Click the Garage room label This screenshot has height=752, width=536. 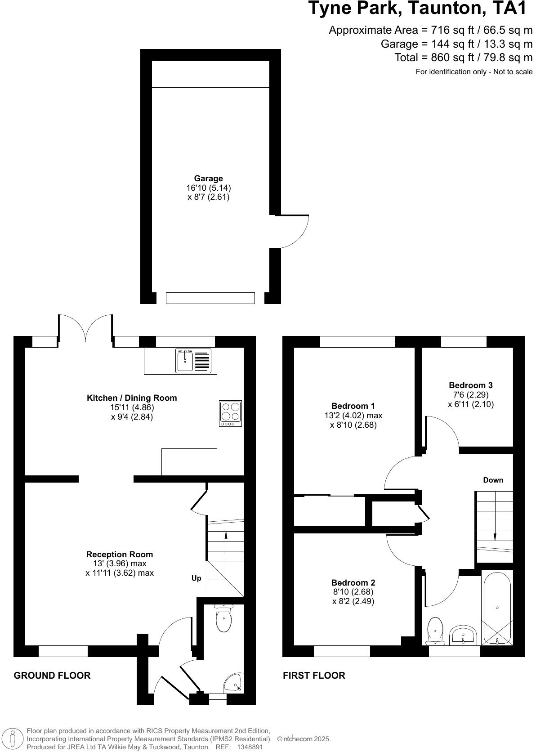tap(208, 179)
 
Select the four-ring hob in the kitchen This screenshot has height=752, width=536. tap(230, 413)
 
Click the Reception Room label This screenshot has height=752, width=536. tap(120, 554)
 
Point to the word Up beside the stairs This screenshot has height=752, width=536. tap(197, 578)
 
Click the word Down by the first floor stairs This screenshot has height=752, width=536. tap(493, 480)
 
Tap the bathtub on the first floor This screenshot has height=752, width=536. tap(497, 608)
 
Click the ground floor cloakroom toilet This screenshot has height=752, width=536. tap(224, 618)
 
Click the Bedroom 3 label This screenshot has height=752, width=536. tap(470, 385)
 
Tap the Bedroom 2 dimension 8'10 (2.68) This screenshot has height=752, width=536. tap(353, 592)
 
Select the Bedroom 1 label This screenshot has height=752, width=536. tap(353, 406)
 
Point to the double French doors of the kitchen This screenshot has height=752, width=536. tap(85, 326)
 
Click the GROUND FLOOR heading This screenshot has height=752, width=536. tap(52, 675)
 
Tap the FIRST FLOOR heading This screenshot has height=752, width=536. tap(314, 675)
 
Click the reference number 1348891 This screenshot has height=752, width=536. tap(250, 747)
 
